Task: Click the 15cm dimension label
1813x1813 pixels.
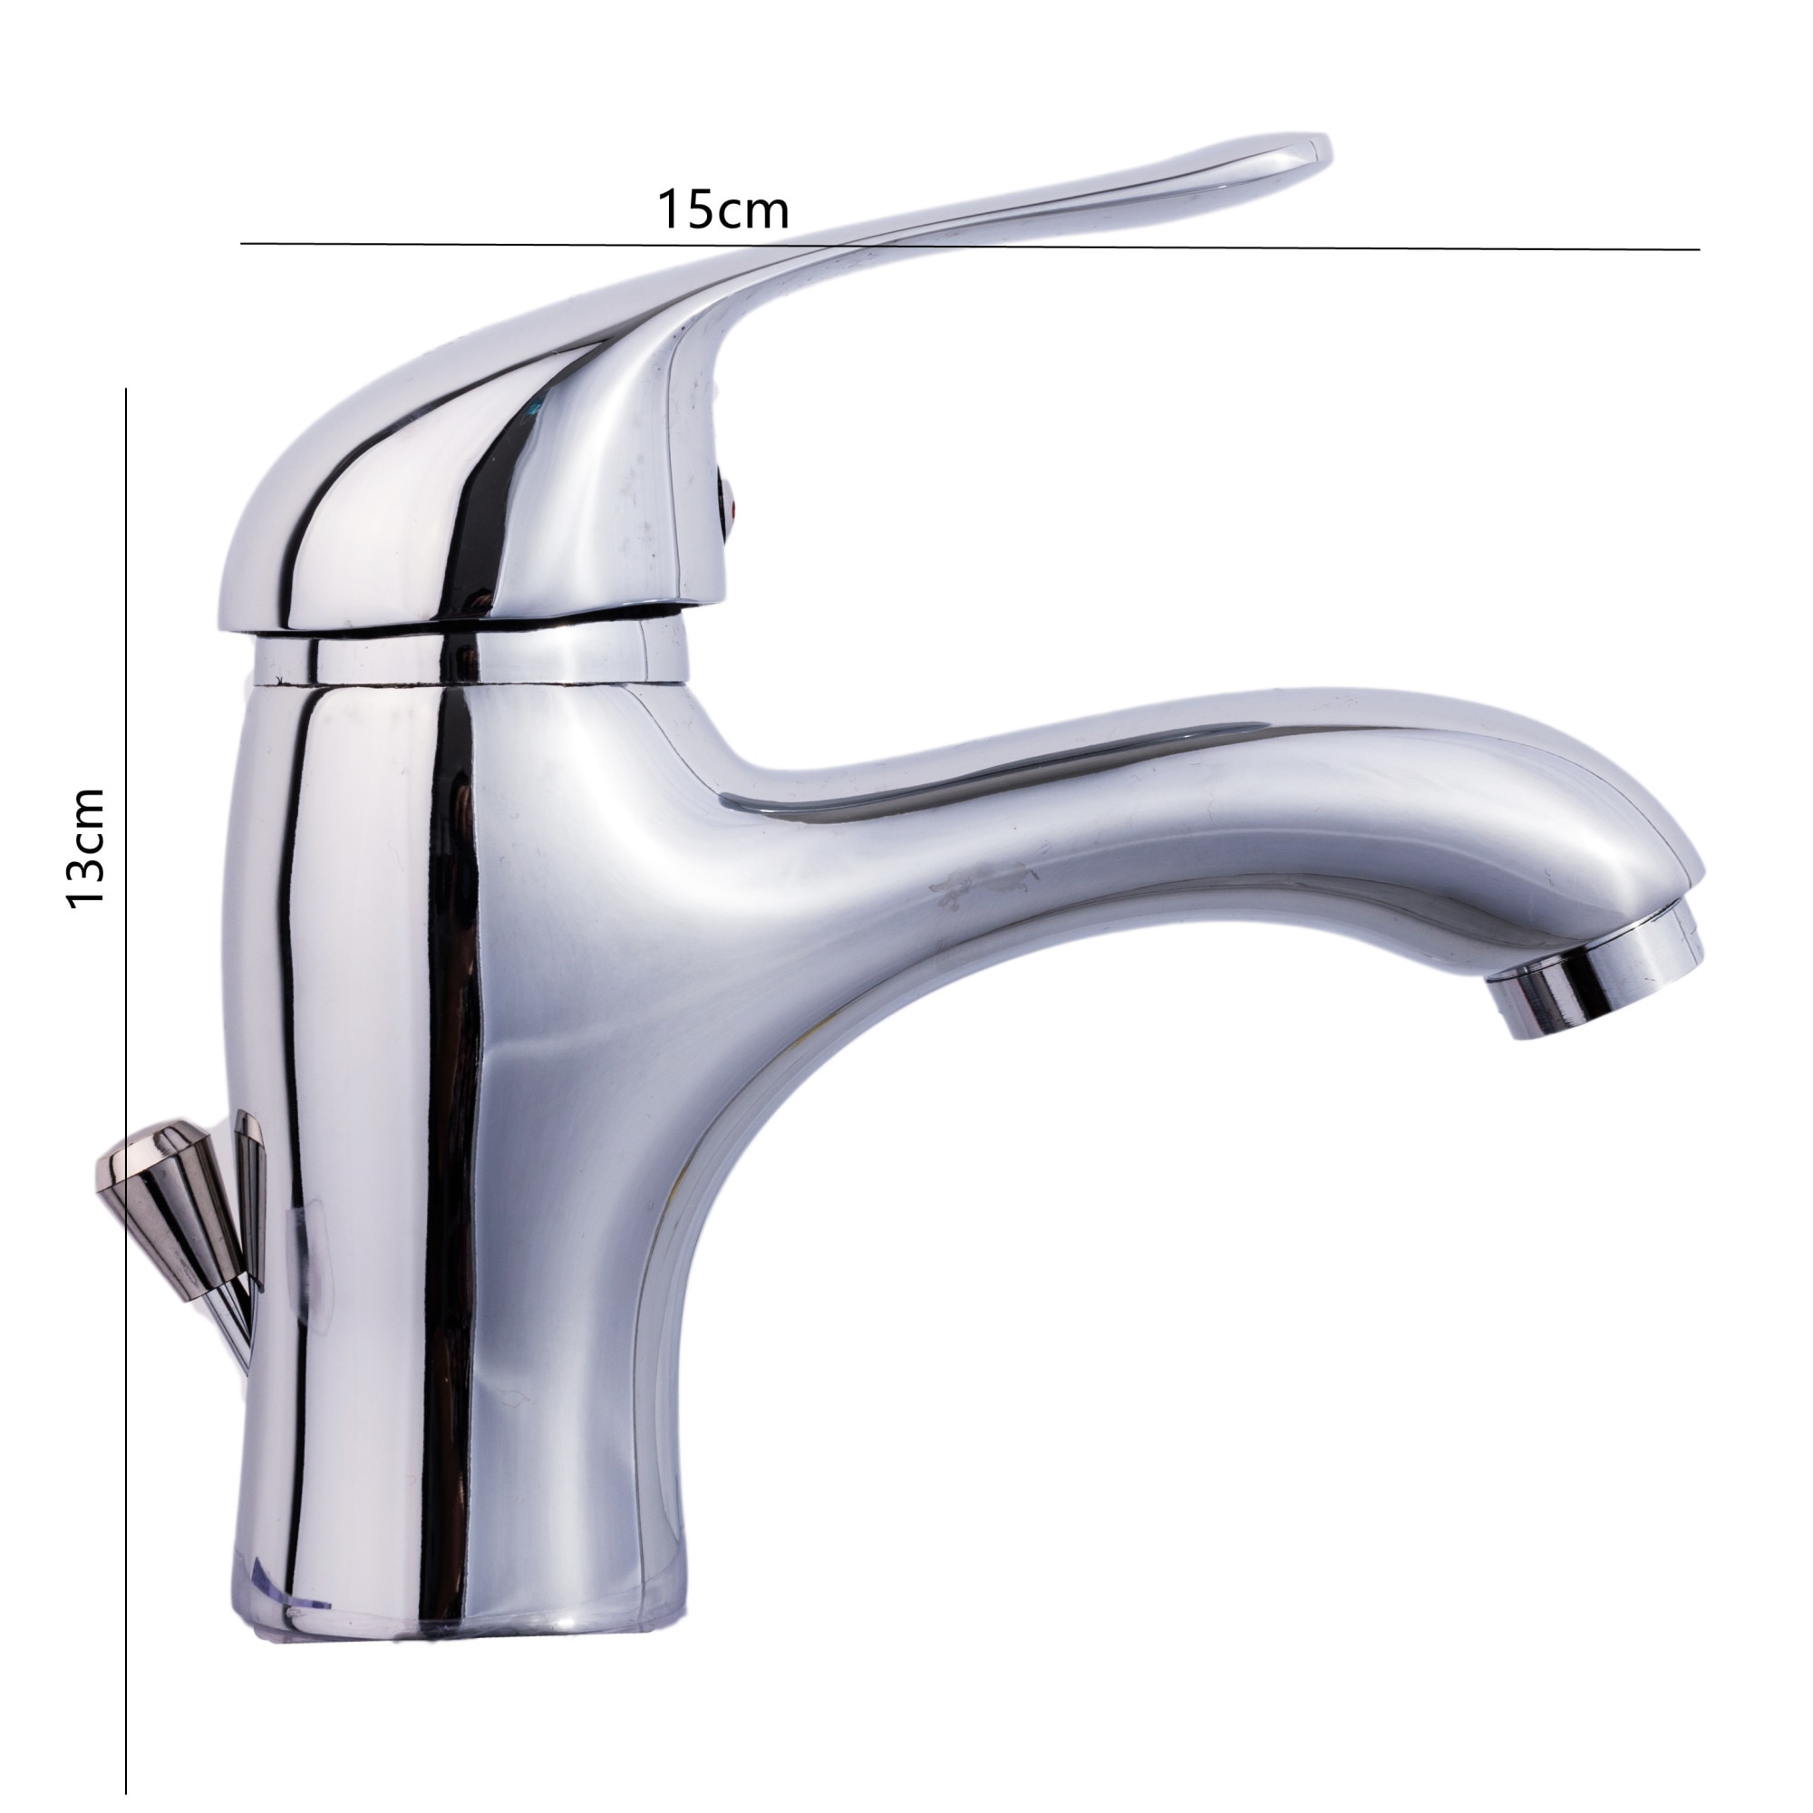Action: pos(722,209)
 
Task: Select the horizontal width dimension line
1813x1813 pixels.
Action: pos(969,247)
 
